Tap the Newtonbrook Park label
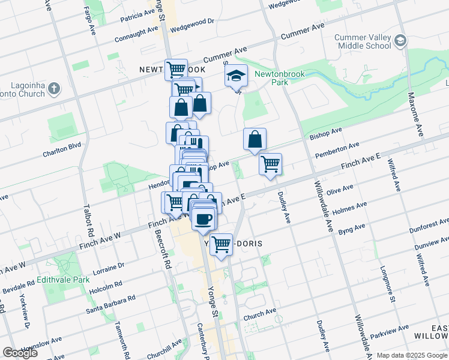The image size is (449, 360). (x=280, y=78)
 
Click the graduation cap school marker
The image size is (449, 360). (x=237, y=76)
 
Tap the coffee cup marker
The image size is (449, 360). (x=204, y=219)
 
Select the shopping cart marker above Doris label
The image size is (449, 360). (x=221, y=244)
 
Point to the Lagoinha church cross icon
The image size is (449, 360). (x=54, y=89)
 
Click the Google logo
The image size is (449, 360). (x=20, y=352)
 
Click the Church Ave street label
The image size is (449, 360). (x=260, y=313)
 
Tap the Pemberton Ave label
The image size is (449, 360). (x=337, y=149)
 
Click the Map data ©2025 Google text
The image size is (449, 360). (x=412, y=355)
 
